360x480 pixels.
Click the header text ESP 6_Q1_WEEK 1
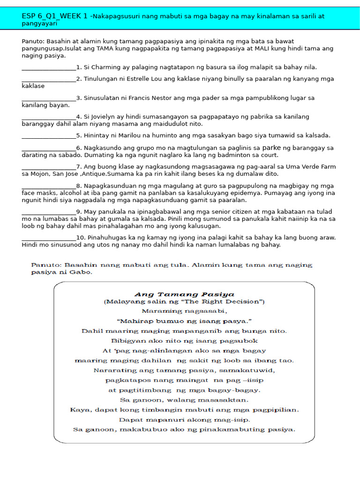tap(54, 16)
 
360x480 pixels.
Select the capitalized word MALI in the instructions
tap(254, 48)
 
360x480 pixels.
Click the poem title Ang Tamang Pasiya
tap(184, 294)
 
